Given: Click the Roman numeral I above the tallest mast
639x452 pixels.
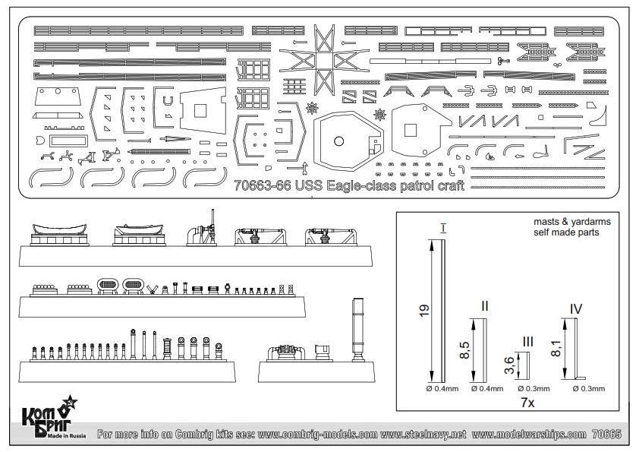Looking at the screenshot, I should (x=442, y=227).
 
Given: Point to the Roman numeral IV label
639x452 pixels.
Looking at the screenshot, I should (x=576, y=309).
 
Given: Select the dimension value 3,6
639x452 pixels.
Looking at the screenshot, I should (x=509, y=367).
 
